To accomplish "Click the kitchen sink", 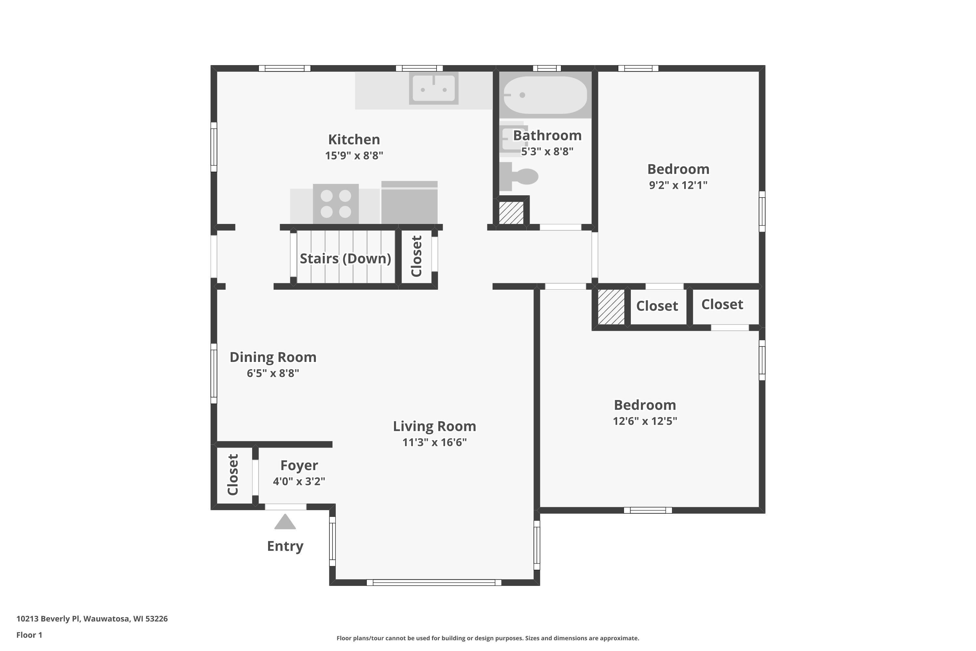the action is [434, 88].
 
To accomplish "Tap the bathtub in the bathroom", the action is [545, 95].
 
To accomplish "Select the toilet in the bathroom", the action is [519, 176].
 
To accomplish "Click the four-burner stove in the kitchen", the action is [336, 204].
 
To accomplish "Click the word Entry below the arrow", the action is [285, 546].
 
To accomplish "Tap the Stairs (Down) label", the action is [345, 259].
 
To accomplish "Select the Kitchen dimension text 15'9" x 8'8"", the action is [354, 156].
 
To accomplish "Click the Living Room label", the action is [434, 426].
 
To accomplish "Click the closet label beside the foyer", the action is [233, 475].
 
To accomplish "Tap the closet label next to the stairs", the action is [416, 256].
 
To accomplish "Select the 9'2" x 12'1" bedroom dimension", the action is [678, 185].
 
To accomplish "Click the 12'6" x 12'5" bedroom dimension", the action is [645, 421].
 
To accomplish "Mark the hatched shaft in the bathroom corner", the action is [511, 213].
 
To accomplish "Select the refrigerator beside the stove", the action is [409, 202].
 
